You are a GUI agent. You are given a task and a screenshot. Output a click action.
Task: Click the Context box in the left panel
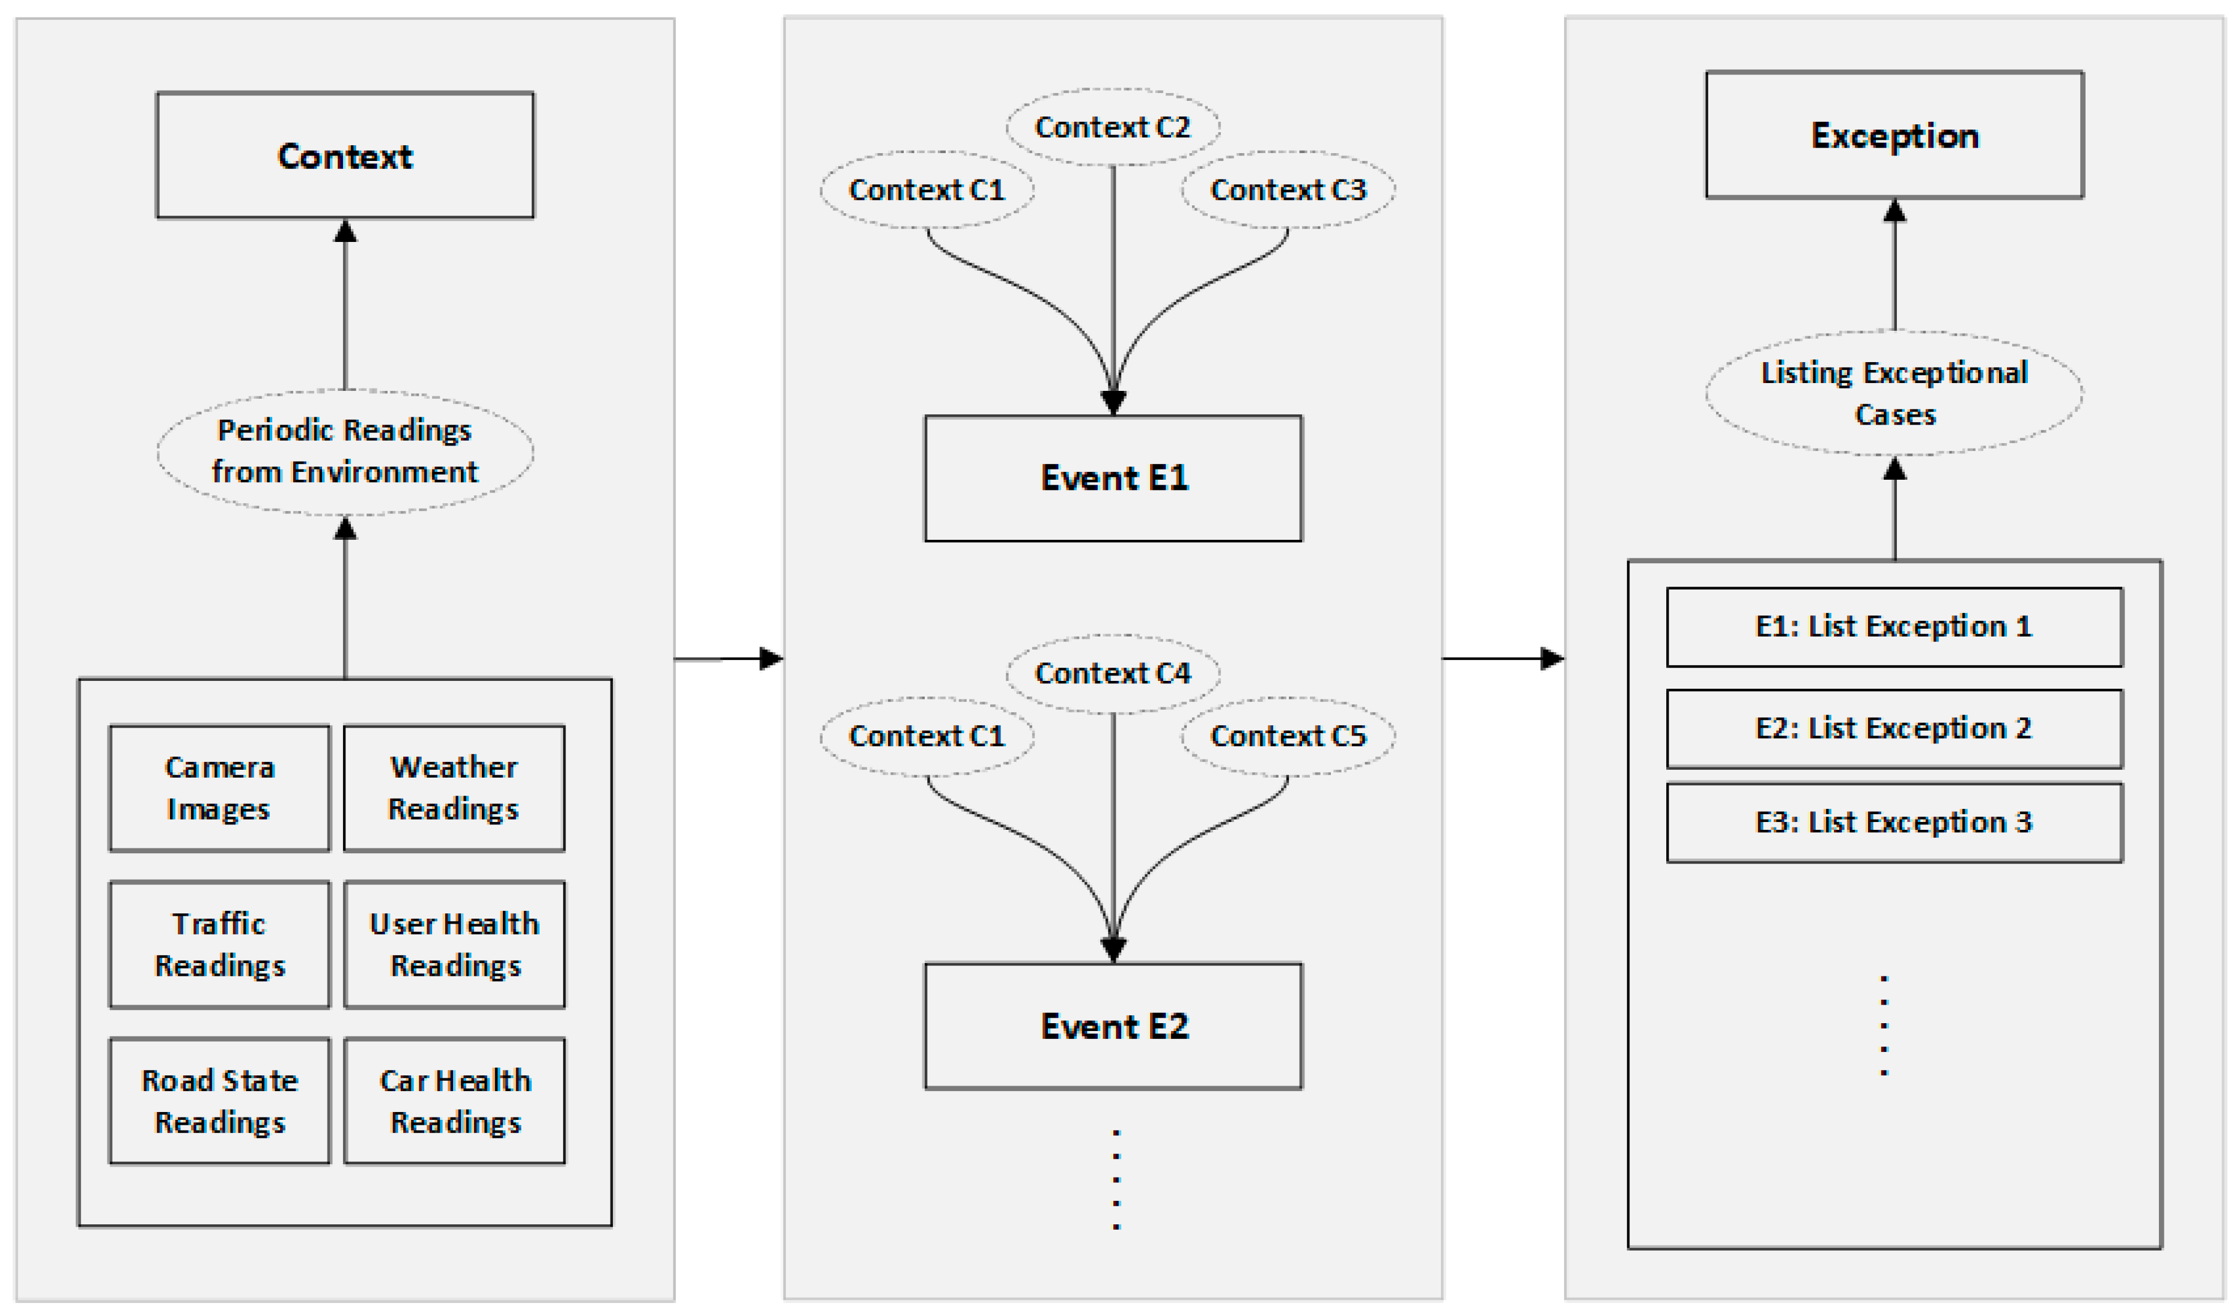[x=345, y=156]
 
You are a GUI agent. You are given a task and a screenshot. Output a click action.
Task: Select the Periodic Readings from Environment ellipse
[x=345, y=452]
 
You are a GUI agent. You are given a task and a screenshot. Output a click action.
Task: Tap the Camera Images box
[x=219, y=788]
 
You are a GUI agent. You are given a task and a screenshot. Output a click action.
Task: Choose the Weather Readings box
[x=454, y=788]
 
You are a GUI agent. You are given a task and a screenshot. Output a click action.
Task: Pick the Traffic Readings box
[x=219, y=945]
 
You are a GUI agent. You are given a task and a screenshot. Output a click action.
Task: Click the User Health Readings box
[x=454, y=945]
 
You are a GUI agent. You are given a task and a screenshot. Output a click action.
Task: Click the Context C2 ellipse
[x=1113, y=127]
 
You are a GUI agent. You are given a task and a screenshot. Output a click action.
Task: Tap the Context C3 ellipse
[x=1288, y=189]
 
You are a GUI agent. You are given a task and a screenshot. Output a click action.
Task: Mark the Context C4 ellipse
[x=1113, y=674]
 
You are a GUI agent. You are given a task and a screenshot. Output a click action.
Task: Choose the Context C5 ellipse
[x=1288, y=736]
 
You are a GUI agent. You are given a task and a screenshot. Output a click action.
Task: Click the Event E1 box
[x=1113, y=478]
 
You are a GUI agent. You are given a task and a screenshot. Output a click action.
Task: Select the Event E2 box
[x=1113, y=1026]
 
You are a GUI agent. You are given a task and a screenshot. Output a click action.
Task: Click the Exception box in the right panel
[x=1895, y=135]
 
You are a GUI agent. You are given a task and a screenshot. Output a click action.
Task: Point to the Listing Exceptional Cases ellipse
[x=1895, y=393]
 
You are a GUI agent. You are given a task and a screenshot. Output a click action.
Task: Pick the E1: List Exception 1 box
[x=1895, y=626]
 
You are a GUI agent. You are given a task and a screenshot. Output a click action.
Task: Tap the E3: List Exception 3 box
[x=1895, y=822]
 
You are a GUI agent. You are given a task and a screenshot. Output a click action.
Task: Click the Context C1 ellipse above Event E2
[x=927, y=736]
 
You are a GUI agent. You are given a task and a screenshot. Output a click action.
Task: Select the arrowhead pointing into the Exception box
[x=1895, y=211]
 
